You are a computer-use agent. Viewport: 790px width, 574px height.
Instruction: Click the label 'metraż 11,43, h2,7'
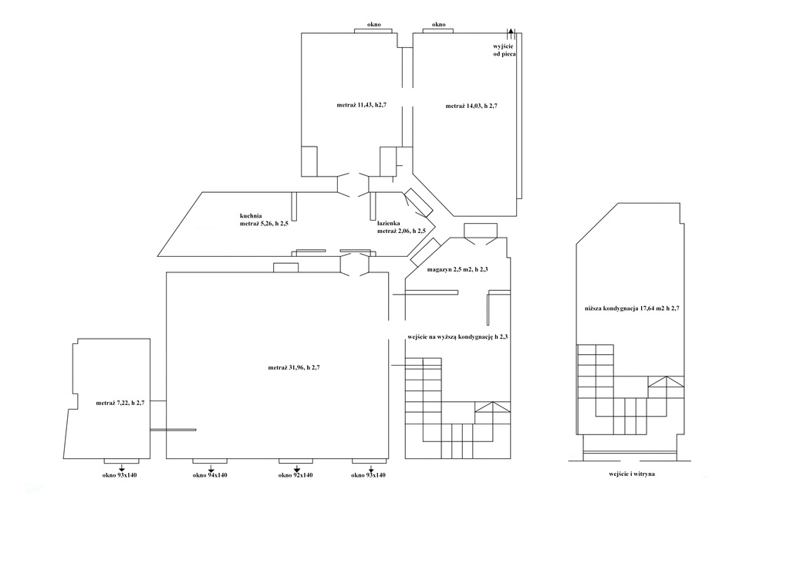tap(361, 106)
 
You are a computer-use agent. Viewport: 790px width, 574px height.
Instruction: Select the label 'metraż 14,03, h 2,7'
tap(471, 106)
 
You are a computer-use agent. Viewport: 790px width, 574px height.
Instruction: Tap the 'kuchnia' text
tap(251, 216)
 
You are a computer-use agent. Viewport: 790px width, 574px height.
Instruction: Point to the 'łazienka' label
tap(389, 223)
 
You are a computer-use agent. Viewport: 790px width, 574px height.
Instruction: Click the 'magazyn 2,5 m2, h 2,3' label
tap(457, 269)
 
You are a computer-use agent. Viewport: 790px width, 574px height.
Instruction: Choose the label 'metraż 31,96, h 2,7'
tap(294, 368)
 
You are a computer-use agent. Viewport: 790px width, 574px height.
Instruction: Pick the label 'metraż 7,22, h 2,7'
tap(120, 403)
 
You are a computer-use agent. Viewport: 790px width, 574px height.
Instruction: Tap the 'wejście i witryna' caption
tap(632, 474)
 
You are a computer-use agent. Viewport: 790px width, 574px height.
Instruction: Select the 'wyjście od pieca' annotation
tap(505, 50)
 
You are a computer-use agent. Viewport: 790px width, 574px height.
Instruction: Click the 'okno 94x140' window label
tap(210, 475)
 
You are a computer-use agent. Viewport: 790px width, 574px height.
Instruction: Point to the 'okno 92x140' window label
tap(295, 475)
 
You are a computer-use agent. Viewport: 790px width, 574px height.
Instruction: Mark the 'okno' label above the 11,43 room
tap(374, 25)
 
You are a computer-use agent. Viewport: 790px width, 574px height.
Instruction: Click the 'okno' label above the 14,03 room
tap(439, 25)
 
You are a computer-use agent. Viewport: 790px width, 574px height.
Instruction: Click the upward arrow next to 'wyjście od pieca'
tap(511, 34)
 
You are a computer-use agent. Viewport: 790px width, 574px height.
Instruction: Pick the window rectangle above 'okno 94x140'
tap(210, 461)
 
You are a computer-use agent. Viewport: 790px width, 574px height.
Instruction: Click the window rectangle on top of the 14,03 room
tap(438, 31)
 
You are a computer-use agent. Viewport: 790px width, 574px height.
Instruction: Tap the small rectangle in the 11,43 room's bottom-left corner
tap(309, 161)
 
